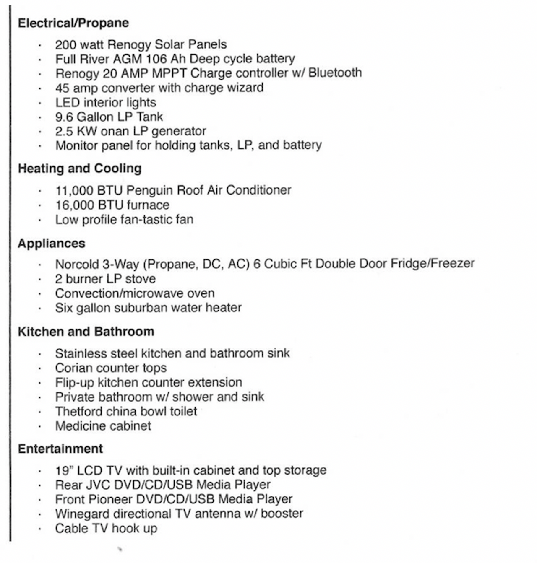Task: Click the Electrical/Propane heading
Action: (73, 23)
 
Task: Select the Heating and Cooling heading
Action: (79, 169)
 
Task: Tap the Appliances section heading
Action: (51, 244)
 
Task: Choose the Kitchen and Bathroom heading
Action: (86, 332)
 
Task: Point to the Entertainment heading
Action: (60, 449)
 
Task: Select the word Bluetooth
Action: (335, 73)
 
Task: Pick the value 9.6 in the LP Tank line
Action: (64, 117)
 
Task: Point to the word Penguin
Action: (149, 190)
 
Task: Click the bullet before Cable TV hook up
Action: (40, 529)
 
